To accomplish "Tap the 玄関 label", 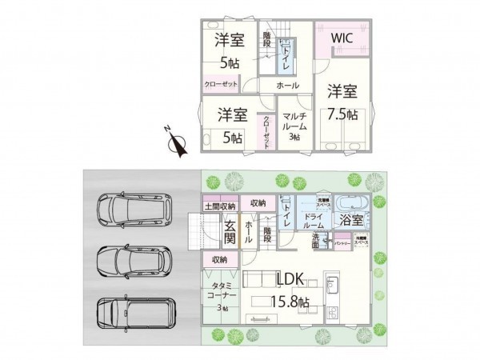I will pos(230,231).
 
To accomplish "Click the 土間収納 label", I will pos(219,206).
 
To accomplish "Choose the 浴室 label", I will pos(354,218).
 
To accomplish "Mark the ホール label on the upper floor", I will pos(288,86).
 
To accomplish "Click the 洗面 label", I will pos(316,242).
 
